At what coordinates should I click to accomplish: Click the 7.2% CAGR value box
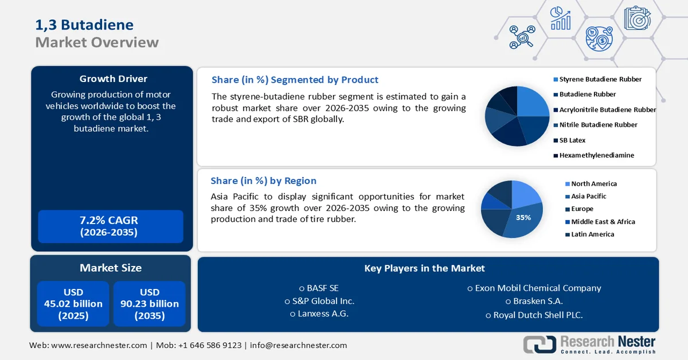click(x=110, y=226)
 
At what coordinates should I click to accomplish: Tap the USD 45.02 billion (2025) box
click(x=73, y=304)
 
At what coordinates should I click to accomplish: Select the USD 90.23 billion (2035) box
click(x=149, y=304)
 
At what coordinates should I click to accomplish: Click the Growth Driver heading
click(x=113, y=79)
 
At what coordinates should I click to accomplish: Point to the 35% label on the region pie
click(x=523, y=218)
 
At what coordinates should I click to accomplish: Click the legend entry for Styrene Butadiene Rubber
click(x=600, y=79)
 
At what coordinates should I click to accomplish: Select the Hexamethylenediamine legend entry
click(x=596, y=155)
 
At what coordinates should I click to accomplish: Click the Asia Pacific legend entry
click(x=588, y=197)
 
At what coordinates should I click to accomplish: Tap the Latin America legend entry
click(x=592, y=234)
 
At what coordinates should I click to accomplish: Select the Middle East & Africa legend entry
click(x=603, y=222)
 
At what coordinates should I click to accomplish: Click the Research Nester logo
click(x=589, y=344)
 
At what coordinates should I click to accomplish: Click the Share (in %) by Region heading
click(x=263, y=181)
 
